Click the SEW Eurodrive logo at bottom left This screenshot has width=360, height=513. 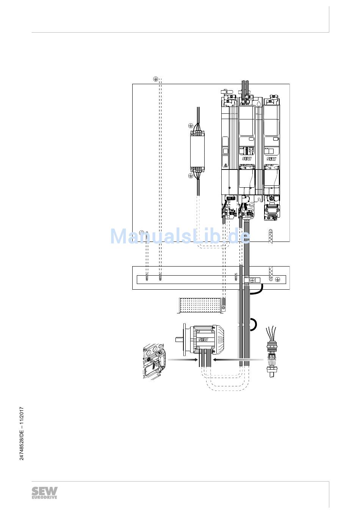44,493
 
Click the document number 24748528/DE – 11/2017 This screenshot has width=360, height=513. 22,434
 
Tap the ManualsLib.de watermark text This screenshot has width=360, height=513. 180,236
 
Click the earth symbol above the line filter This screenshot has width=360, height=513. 190,126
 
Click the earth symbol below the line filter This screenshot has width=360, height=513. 190,176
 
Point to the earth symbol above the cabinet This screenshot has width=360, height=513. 155,78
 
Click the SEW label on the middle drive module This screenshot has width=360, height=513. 247,159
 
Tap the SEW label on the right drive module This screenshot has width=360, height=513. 271,159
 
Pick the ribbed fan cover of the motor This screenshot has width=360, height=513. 220,337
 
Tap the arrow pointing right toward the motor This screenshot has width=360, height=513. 182,359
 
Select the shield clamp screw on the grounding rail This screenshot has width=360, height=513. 252,279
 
